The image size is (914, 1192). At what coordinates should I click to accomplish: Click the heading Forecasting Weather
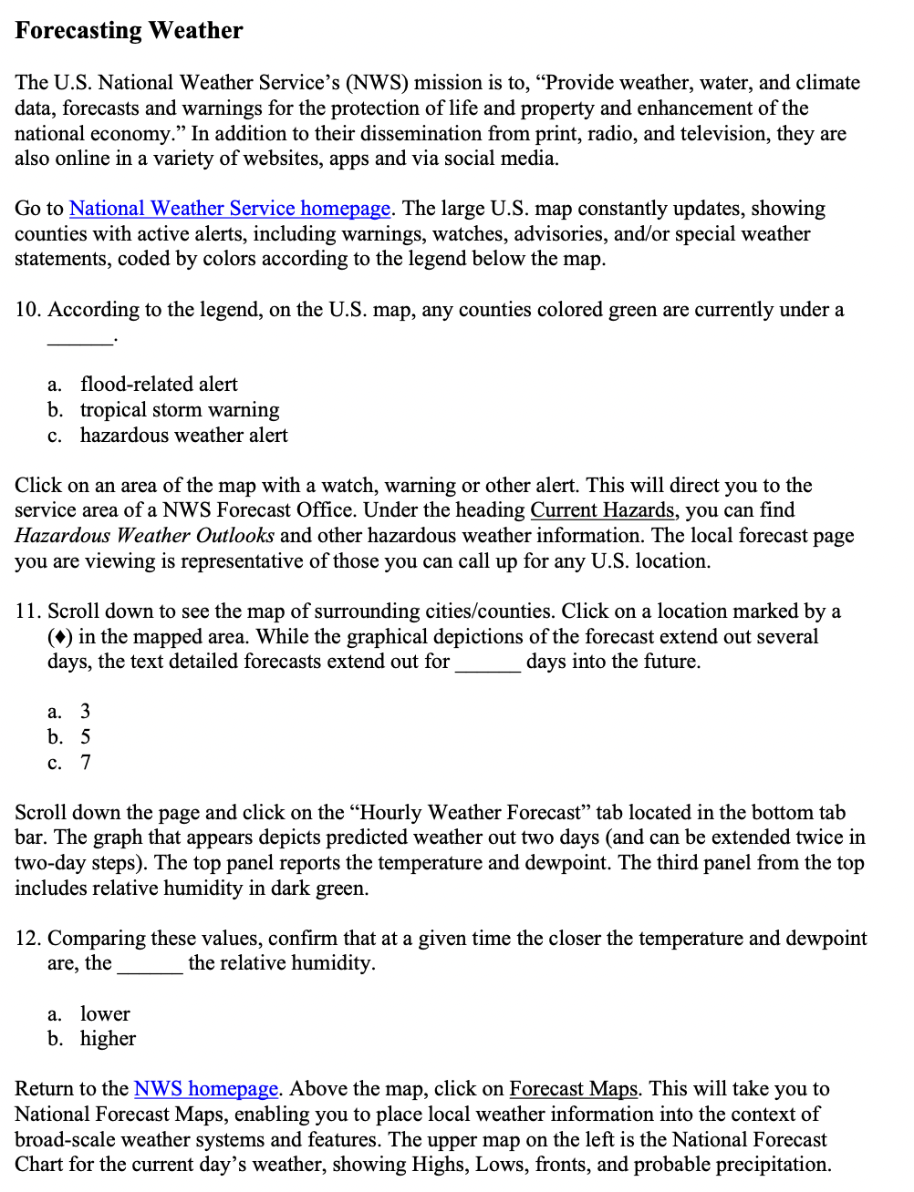(129, 31)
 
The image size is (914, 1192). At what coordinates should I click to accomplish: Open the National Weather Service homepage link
(230, 209)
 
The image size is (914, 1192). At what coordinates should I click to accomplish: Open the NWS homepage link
(206, 1089)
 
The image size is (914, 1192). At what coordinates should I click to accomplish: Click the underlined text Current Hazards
(602, 510)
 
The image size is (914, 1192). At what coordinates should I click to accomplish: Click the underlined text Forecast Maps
(574, 1089)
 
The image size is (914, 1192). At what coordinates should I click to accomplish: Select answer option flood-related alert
(159, 385)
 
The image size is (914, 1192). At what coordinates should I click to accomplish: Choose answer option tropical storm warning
(180, 410)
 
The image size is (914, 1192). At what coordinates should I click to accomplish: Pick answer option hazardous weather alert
(183, 436)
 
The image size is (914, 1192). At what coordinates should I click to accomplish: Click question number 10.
(27, 310)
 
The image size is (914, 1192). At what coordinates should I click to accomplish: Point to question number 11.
(27, 611)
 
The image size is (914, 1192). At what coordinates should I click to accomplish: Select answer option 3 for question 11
(85, 712)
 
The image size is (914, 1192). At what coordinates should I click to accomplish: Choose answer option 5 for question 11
(85, 737)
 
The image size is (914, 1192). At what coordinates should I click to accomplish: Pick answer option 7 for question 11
(85, 763)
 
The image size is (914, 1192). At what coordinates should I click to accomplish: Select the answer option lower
(105, 1014)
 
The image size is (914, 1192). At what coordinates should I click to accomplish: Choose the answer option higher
(108, 1039)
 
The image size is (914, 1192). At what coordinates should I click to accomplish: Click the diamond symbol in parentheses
(60, 637)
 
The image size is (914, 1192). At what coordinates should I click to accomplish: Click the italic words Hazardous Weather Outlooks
(144, 536)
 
